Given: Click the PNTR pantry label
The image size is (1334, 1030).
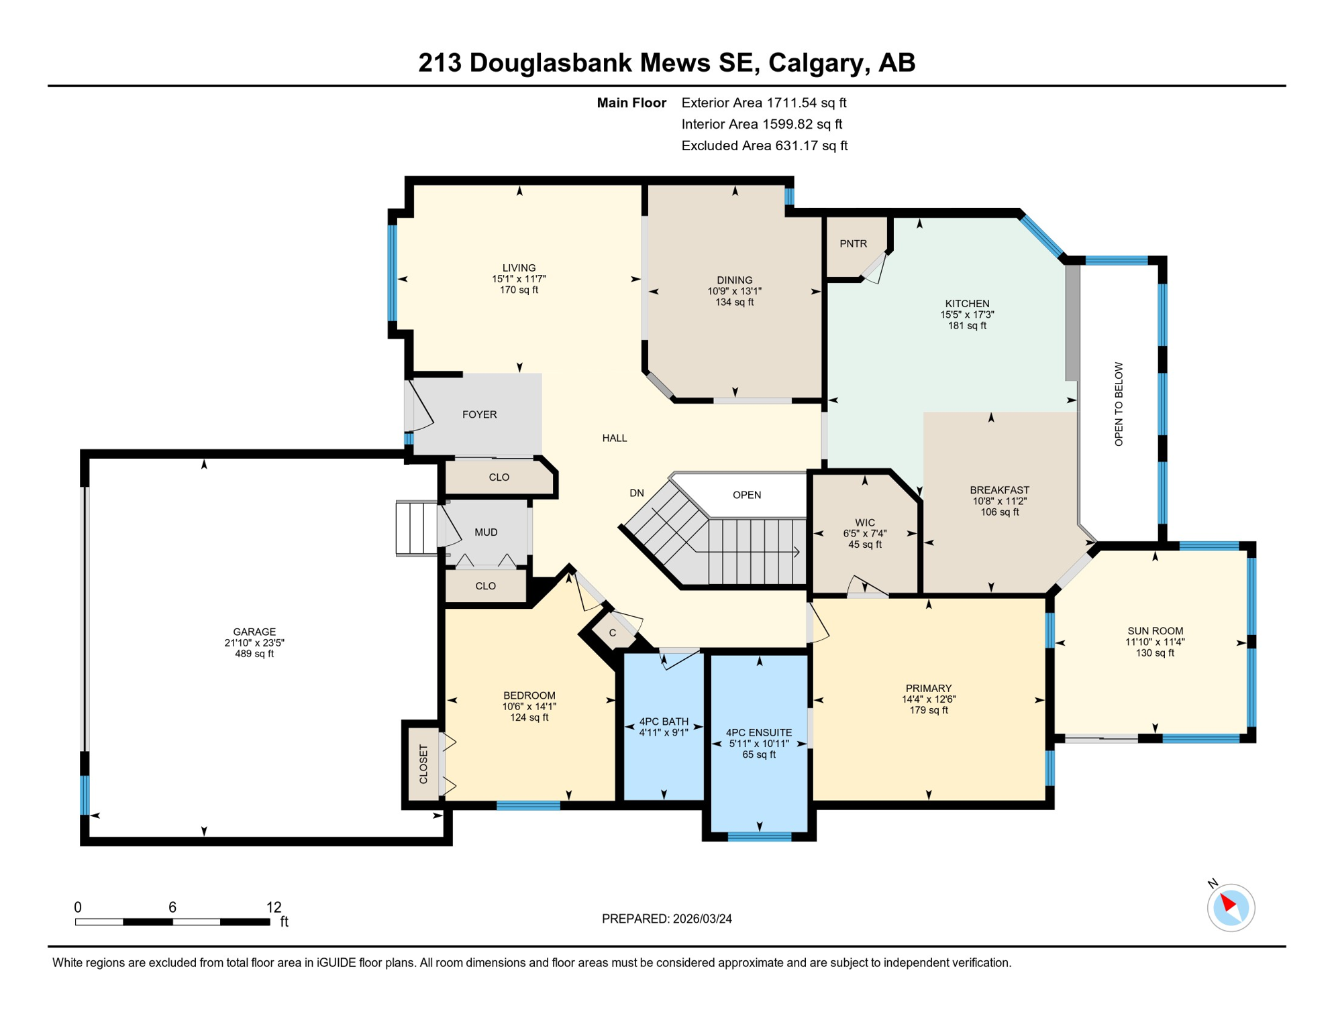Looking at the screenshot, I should click(853, 243).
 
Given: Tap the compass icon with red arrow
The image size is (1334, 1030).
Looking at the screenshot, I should click(1231, 907).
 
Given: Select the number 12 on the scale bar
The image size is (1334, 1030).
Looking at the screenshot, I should click(273, 907).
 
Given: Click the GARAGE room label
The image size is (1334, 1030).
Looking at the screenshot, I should click(254, 631).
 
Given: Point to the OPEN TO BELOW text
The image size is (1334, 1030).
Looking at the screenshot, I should click(1118, 404).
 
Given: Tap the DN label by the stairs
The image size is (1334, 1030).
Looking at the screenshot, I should click(636, 493).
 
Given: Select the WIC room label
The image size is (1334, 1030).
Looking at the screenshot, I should click(864, 522).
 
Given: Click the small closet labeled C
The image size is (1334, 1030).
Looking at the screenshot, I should click(612, 632).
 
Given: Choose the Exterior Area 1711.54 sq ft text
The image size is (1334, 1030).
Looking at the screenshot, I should click(764, 103).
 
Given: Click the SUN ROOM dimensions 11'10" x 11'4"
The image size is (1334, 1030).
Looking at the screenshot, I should click(1154, 642).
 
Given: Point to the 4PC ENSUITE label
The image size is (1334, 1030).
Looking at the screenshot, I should click(758, 732).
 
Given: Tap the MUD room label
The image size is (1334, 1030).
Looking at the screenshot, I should click(486, 532).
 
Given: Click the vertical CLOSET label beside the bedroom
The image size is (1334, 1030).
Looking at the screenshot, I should click(423, 764).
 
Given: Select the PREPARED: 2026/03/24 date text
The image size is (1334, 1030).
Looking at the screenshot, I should click(666, 918).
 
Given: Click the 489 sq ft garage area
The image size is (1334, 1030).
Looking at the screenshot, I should click(254, 654).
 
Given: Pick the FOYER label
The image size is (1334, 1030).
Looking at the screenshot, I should click(479, 414).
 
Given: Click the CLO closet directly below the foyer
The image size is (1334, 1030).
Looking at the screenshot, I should click(499, 477).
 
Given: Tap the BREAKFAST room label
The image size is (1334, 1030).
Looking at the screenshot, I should click(998, 490).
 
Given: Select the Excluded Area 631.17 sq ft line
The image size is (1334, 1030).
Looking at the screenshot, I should click(764, 146).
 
